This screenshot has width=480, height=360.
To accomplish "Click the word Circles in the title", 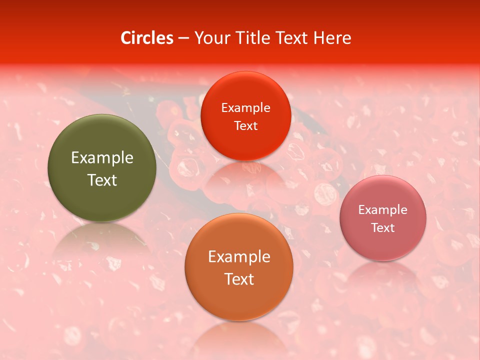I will click(x=147, y=38).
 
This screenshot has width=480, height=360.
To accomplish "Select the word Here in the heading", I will click(x=332, y=38).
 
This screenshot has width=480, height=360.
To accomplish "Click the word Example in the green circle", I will click(x=102, y=158).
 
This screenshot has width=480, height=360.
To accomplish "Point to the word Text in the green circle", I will click(x=102, y=180).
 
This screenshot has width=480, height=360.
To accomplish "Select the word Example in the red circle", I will click(x=246, y=107).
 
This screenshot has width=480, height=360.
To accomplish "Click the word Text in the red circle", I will click(x=246, y=125).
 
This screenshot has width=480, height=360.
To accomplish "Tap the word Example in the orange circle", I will click(x=239, y=256).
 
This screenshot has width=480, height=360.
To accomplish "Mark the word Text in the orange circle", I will click(x=239, y=279).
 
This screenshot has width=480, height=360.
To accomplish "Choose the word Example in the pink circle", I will click(x=383, y=209).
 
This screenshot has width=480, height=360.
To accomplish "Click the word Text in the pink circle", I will click(x=383, y=227).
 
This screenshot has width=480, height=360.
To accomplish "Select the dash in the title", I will click(x=183, y=38).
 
